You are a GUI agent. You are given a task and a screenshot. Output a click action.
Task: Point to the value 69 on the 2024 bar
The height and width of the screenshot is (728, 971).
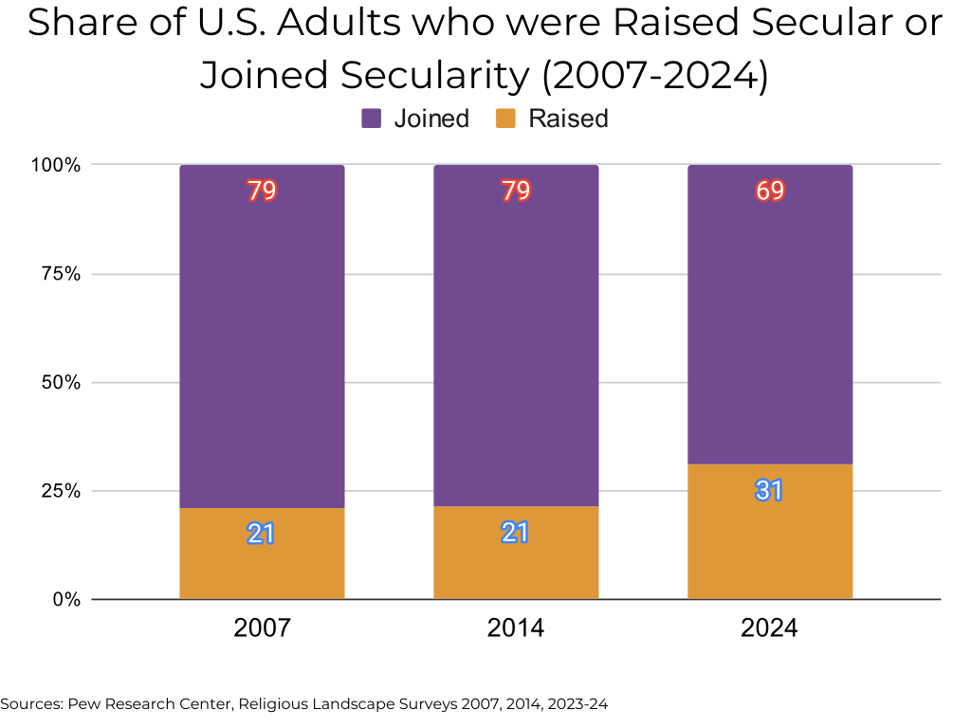pyautogui.click(x=770, y=191)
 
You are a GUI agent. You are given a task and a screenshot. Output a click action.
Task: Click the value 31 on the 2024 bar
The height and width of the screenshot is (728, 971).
pyautogui.click(x=769, y=490)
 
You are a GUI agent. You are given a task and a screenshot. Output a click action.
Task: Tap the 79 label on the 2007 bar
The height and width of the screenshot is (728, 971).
pyautogui.click(x=262, y=191)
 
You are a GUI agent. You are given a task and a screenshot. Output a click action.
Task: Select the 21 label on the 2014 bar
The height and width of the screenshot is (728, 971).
pyautogui.click(x=515, y=533)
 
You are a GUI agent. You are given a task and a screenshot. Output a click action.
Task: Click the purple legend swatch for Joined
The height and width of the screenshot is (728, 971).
pyautogui.click(x=372, y=118)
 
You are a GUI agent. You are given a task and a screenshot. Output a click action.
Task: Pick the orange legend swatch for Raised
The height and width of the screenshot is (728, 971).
pyautogui.click(x=506, y=118)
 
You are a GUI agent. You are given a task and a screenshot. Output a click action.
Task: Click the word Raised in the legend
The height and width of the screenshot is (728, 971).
pyautogui.click(x=568, y=118)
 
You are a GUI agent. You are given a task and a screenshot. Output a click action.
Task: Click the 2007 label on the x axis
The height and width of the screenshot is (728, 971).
pyautogui.click(x=262, y=628)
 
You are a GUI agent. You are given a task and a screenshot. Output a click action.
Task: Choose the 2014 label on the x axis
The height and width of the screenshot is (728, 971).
pyautogui.click(x=516, y=628)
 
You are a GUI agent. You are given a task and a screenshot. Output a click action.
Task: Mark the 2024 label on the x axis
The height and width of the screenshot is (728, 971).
pyautogui.click(x=770, y=628)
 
